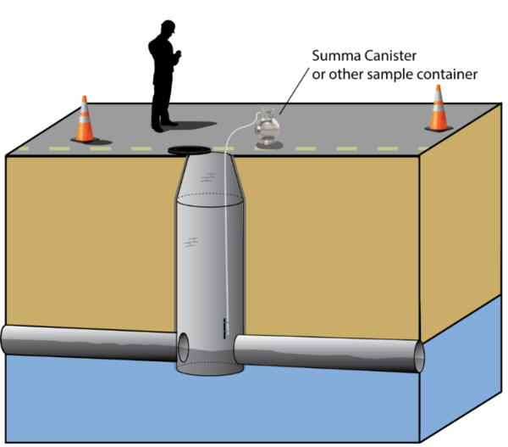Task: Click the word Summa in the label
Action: (x=332, y=58)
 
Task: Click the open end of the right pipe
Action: (x=417, y=355)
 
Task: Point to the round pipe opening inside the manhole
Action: (x=184, y=347)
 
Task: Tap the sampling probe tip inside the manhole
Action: (x=225, y=327)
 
